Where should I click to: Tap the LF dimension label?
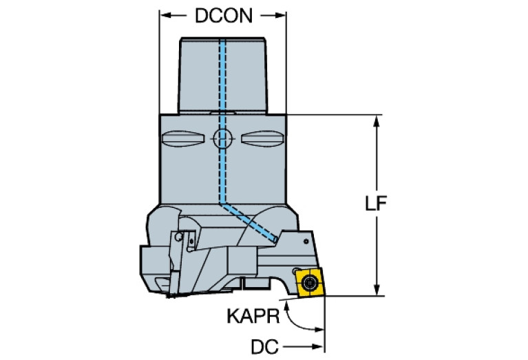pos(374,204)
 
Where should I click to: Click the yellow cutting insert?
pos(309,282)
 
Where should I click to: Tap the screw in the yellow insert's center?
pos(310,282)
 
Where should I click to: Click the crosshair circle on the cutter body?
pos(222,139)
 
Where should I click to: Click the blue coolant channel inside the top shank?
pos(222,76)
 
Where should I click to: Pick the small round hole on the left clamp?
pos(178,237)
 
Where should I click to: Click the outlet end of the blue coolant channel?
pos(275,238)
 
